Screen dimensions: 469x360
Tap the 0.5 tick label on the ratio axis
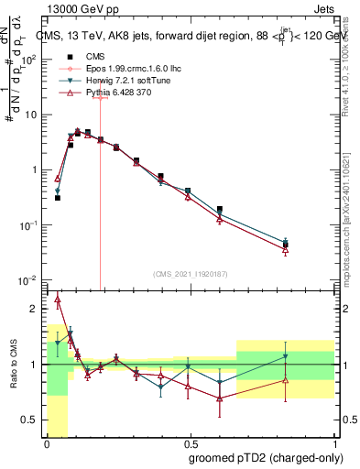pyautogui.click(x=32, y=420)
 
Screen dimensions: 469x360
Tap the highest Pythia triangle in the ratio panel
pyautogui.click(x=58, y=299)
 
